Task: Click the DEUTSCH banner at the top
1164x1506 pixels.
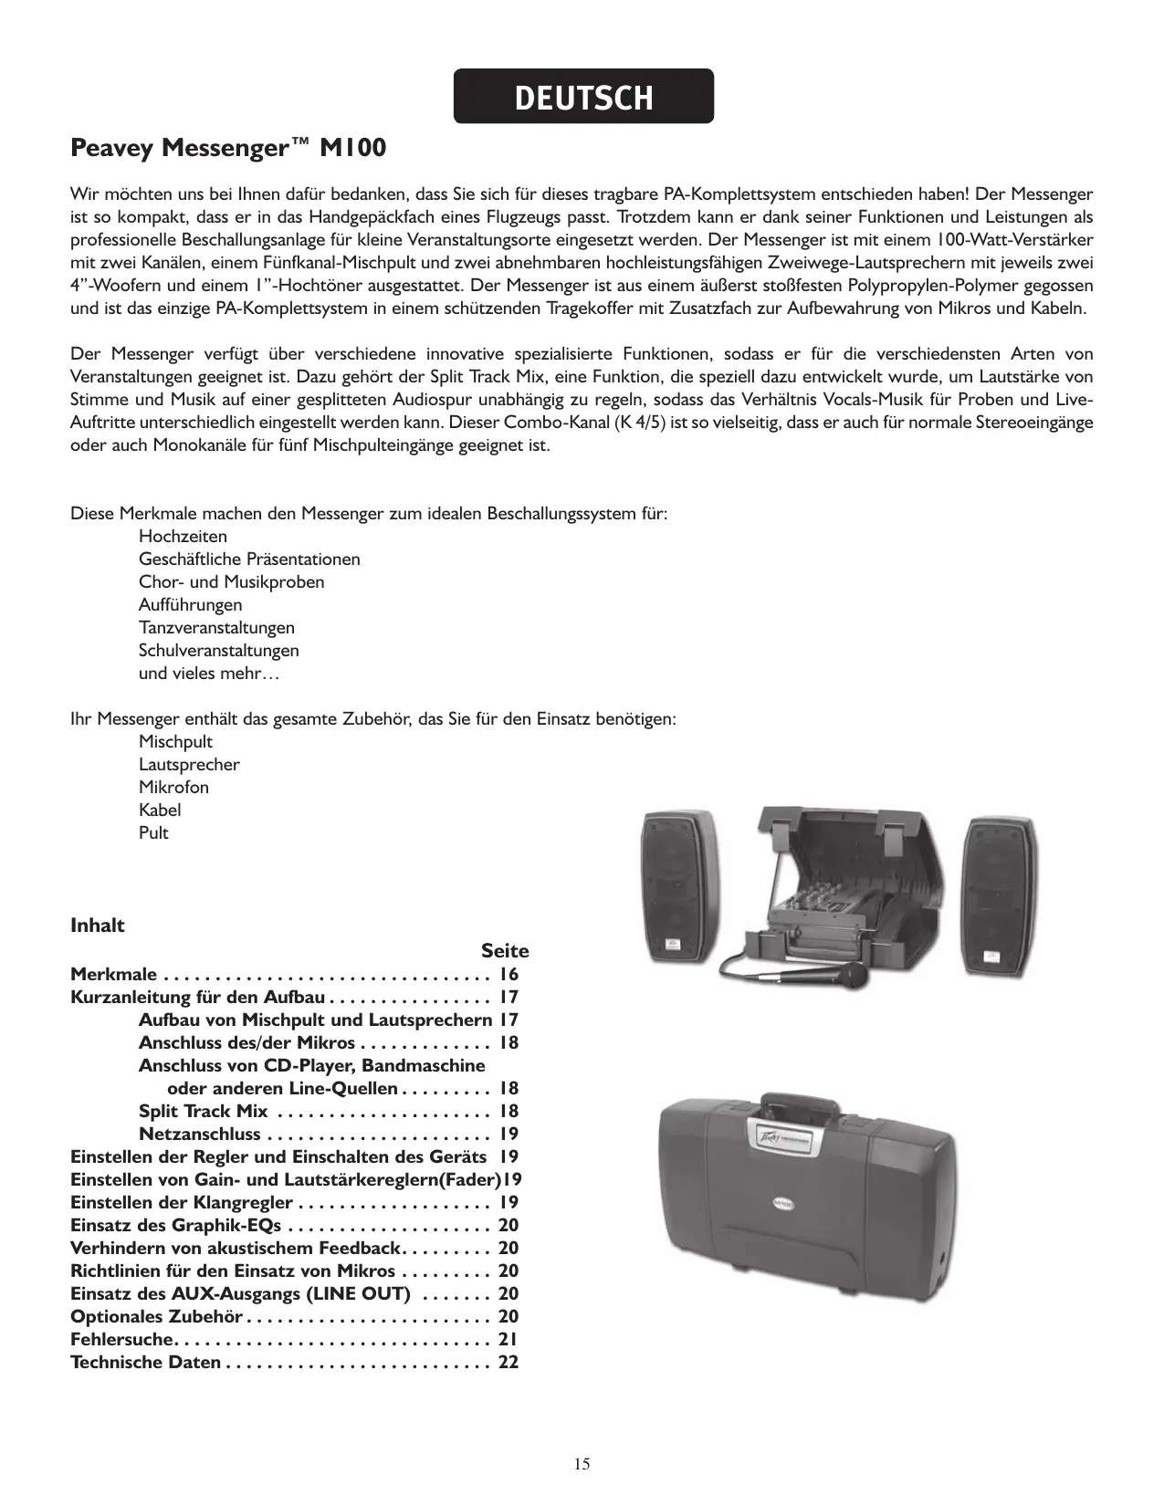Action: pyautogui.click(x=583, y=97)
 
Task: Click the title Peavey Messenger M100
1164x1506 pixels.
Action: pyautogui.click(x=228, y=148)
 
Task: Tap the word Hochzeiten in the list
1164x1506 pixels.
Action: pyautogui.click(x=183, y=537)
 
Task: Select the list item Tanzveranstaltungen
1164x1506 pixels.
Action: pyautogui.click(x=216, y=628)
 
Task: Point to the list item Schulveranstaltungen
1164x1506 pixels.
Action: pyautogui.click(x=218, y=651)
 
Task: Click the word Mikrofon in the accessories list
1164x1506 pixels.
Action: pyautogui.click(x=173, y=788)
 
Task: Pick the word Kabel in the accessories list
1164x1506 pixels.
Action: pyautogui.click(x=160, y=811)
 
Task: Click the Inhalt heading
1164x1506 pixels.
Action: pyautogui.click(x=98, y=926)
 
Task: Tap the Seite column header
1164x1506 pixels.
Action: pyautogui.click(x=505, y=951)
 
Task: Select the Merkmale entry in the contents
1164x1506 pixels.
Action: pyautogui.click(x=113, y=975)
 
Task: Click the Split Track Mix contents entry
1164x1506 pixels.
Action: pyautogui.click(x=204, y=1111)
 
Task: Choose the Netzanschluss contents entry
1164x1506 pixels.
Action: pyautogui.click(x=199, y=1134)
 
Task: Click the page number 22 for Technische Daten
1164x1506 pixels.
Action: pyautogui.click(x=509, y=1362)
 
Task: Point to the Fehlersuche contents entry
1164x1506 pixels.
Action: pyautogui.click(x=121, y=1339)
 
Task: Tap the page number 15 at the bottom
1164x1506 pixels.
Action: pyautogui.click(x=582, y=1465)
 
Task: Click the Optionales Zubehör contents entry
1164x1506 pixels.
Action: pyautogui.click(x=156, y=1316)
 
